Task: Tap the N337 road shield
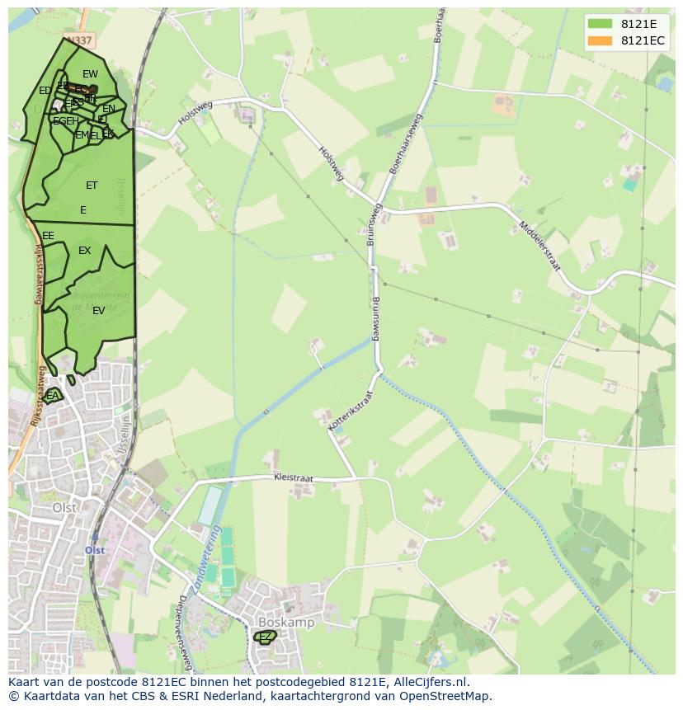tap(80, 40)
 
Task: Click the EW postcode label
tap(90, 74)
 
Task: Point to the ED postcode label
tap(45, 91)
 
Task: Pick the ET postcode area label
tap(92, 186)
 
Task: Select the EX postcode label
tap(84, 251)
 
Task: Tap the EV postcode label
tap(98, 311)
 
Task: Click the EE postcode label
tap(48, 236)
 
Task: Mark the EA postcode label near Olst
tap(53, 396)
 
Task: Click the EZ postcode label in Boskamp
tap(265, 637)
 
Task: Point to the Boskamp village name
tap(286, 623)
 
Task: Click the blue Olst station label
tap(95, 549)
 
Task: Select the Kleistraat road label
tap(294, 477)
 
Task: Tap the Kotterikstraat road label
tap(351, 410)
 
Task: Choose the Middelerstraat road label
tap(539, 246)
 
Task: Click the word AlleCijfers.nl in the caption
tap(429, 682)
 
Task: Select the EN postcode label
tap(109, 109)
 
